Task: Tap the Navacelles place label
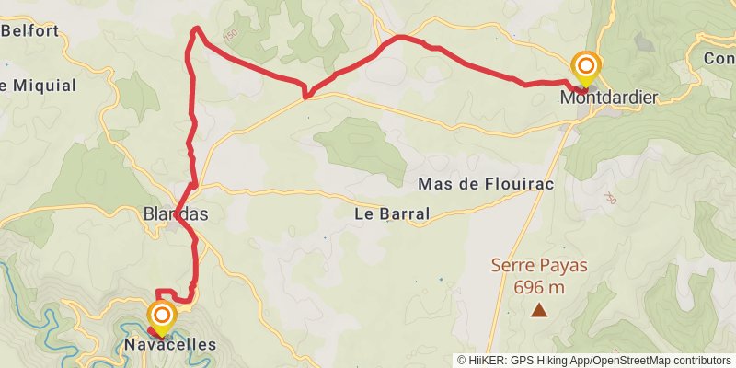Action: tap(167, 345)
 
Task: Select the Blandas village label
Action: tap(176, 214)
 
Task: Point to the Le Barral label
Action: tap(392, 214)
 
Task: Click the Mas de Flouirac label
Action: tap(486, 184)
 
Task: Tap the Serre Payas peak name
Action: tap(539, 266)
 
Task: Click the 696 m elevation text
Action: tap(539, 287)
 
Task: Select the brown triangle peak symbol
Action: tap(538, 311)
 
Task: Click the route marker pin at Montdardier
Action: tap(585, 67)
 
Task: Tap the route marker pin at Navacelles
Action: tap(162, 316)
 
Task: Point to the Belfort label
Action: tap(30, 30)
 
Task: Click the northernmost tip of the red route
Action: tap(195, 29)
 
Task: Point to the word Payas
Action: tap(565, 266)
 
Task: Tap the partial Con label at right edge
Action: tap(719, 58)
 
